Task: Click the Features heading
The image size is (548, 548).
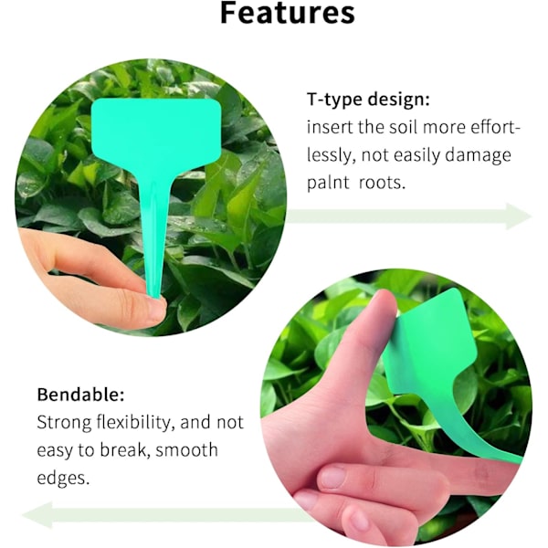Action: point(288,13)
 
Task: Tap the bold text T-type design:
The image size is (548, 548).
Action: point(368,100)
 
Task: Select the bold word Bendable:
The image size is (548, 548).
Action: point(80,395)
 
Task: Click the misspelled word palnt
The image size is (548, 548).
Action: point(328,182)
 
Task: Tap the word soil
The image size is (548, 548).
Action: point(404,127)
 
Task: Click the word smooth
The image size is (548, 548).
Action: point(186,449)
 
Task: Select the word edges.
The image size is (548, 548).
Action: point(63,478)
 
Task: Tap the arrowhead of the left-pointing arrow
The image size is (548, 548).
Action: point(37,515)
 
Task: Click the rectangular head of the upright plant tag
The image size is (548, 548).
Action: point(156,132)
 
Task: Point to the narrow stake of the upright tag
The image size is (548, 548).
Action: point(153,231)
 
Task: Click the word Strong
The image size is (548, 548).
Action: point(64,422)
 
